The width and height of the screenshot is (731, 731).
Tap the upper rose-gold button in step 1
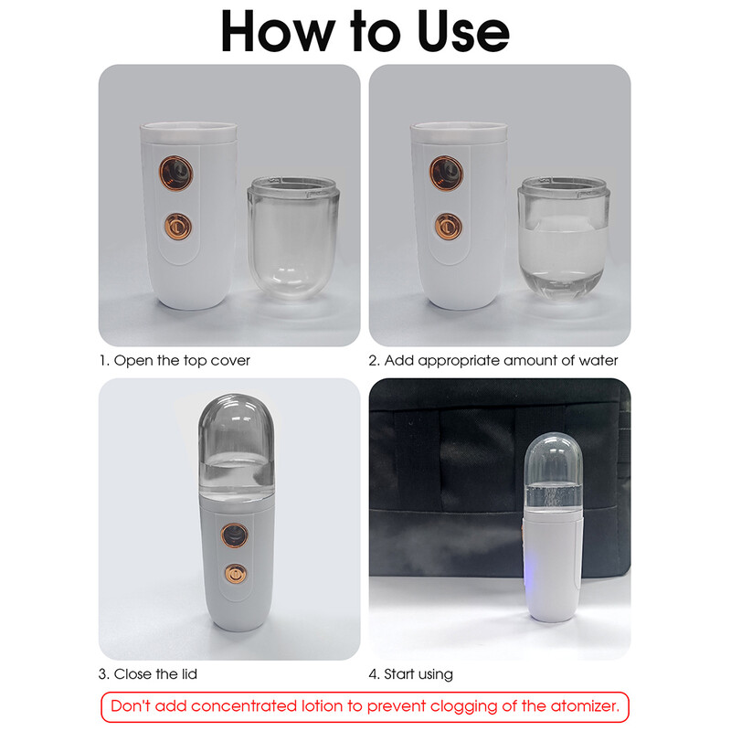click(177, 172)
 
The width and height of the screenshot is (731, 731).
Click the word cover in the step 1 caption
click(229, 360)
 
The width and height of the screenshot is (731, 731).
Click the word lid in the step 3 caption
click(187, 674)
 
